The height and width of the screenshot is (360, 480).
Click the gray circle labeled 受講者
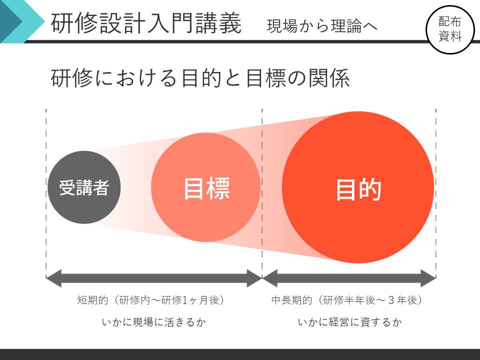pyautogui.click(x=84, y=187)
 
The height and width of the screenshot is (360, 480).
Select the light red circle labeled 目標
pyautogui.click(x=205, y=187)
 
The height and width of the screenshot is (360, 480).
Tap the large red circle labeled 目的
pyautogui.click(x=358, y=187)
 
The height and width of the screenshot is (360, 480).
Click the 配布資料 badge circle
pyautogui.click(x=450, y=29)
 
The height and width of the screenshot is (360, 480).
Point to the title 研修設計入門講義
pyautogui.click(x=146, y=23)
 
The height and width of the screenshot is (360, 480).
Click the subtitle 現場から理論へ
pyautogui.click(x=322, y=26)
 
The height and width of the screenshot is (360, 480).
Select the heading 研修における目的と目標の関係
pyautogui.click(x=200, y=78)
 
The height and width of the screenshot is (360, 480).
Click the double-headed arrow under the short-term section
pyautogui.click(x=154, y=278)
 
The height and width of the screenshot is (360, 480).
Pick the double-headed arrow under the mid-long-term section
pyautogui.click(x=349, y=278)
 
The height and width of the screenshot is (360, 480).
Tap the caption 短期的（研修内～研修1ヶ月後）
pyautogui.click(x=151, y=300)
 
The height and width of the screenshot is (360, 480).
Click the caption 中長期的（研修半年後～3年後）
pyautogui.click(x=347, y=300)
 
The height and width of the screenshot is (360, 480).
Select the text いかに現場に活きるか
pyautogui.click(x=153, y=322)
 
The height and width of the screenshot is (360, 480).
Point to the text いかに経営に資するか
pyautogui.click(x=349, y=322)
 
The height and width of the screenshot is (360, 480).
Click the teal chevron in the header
pyautogui.click(x=22, y=21)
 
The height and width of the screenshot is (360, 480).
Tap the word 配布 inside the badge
pyautogui.click(x=449, y=22)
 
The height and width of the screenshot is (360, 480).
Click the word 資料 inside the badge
pyautogui.click(x=449, y=36)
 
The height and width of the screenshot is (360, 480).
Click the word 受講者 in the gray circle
pyautogui.click(x=84, y=187)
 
